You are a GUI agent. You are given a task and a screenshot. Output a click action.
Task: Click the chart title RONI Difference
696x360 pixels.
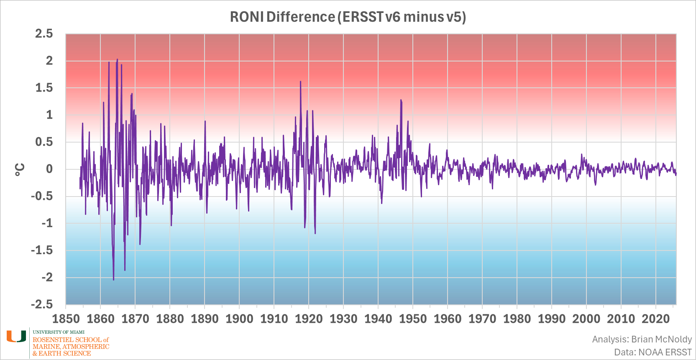(348, 17)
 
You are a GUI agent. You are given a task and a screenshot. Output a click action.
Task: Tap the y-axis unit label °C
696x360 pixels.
(20, 169)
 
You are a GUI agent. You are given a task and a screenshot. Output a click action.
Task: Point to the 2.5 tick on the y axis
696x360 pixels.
(44, 34)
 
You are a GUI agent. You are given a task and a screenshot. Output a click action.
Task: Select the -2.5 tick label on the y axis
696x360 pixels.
(42, 304)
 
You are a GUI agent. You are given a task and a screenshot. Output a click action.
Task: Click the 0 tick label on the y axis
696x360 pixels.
(49, 169)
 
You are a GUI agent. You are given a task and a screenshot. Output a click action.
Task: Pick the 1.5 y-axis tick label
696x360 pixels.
(44, 88)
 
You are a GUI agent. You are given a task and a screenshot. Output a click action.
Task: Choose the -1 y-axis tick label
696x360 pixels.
(47, 223)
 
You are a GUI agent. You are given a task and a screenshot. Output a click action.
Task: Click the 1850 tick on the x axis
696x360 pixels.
(66, 319)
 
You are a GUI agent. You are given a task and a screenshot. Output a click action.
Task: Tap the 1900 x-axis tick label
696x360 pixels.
(239, 319)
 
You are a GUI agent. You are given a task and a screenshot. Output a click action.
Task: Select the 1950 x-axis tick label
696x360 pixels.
(413, 319)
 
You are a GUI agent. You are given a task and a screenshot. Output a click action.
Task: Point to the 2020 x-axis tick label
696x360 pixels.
(655, 319)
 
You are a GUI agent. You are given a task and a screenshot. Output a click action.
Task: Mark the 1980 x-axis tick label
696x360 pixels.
(517, 319)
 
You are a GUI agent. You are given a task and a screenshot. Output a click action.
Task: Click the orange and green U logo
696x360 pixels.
(16, 337)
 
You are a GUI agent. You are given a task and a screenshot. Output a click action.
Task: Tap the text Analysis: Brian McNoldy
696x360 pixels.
(642, 339)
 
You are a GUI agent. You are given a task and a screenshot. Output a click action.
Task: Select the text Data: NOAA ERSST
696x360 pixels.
(652, 352)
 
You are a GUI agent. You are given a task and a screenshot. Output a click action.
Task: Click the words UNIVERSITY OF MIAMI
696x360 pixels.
(59, 332)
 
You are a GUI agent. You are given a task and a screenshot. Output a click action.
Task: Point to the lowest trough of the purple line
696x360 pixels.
(113, 279)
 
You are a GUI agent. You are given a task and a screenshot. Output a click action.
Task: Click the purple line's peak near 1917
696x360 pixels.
(300, 82)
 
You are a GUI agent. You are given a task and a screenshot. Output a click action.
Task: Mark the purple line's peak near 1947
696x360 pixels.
(401, 100)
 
